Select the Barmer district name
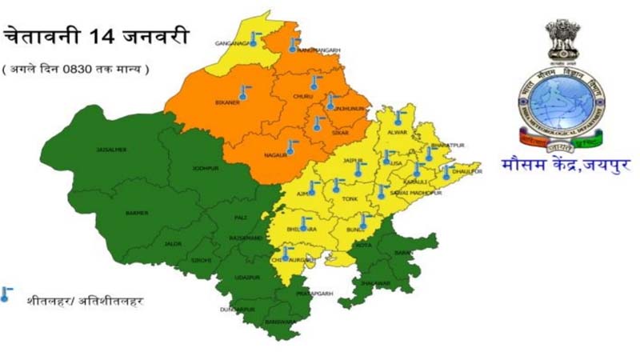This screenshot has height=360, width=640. click(138, 213)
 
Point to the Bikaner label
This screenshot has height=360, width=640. click(228, 103)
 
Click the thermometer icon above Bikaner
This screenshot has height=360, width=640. click(242, 91)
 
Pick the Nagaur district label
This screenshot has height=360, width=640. click(274, 154)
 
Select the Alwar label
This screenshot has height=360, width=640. click(398, 131)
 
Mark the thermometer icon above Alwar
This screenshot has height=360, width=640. click(398, 117)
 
